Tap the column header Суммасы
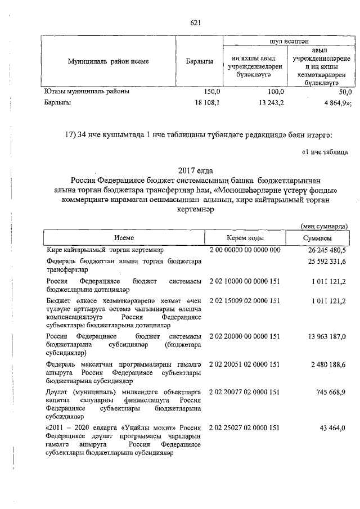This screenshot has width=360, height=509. pyautogui.click(x=318, y=239)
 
